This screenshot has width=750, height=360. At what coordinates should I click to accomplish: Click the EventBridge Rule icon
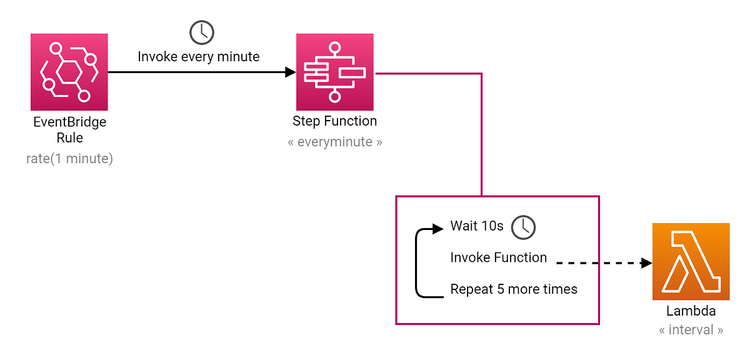[x=69, y=72]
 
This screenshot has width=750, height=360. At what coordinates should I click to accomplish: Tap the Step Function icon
[x=334, y=72]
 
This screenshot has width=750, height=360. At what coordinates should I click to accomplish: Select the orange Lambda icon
[x=691, y=262]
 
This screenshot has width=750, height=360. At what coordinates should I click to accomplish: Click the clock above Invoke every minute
[x=201, y=32]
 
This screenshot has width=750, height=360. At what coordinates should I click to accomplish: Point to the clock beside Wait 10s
[x=523, y=227]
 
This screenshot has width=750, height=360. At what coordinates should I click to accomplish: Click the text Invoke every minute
[x=199, y=57]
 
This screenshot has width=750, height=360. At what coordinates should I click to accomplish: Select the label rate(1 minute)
[x=69, y=159]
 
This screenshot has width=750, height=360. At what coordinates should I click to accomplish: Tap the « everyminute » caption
[x=335, y=142]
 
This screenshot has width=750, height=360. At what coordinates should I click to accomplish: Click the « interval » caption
[x=691, y=330]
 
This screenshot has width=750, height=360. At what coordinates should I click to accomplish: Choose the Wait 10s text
[x=477, y=226]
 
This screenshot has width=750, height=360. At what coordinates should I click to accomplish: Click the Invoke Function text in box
[x=499, y=257]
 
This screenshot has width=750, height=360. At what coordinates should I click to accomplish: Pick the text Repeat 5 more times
[x=514, y=289]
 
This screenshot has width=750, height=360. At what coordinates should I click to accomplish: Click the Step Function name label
[x=335, y=121]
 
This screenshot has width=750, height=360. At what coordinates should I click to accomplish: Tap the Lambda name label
[x=691, y=311]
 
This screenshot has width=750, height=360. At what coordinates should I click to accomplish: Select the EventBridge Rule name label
[x=69, y=130]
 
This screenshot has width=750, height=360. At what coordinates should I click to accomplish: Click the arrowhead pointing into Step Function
[x=290, y=72]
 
